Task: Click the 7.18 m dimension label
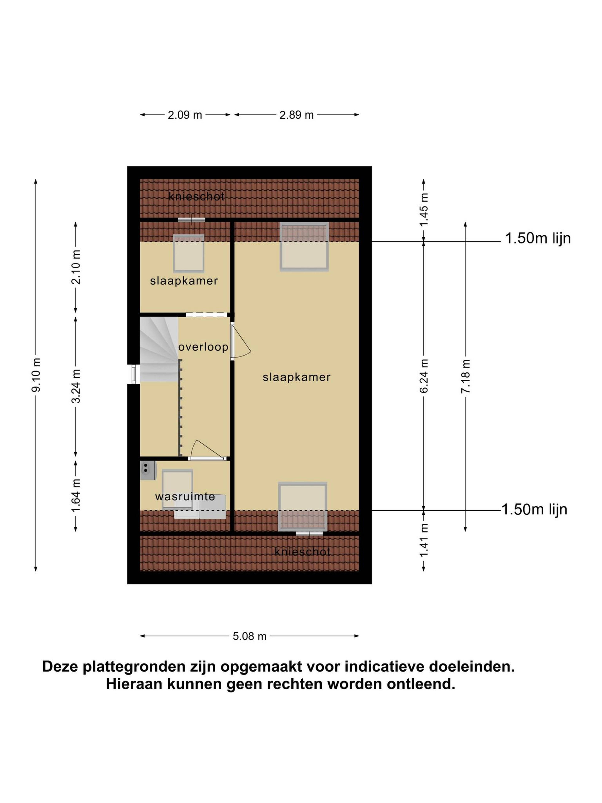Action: point(466,376)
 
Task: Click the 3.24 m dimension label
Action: point(76,386)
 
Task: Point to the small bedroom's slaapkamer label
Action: point(184,281)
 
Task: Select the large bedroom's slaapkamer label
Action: point(296,377)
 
